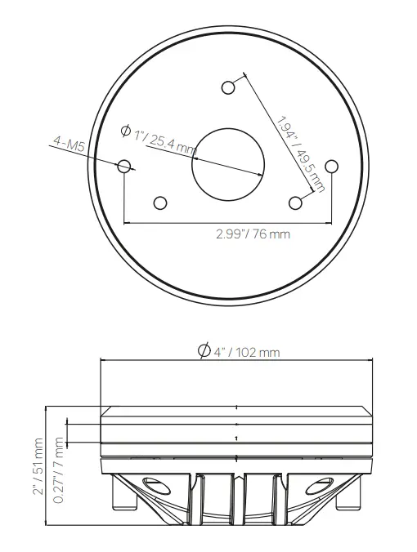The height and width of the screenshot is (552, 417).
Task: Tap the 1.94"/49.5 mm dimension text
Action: [300, 154]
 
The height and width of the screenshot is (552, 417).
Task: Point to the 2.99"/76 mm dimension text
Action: [253, 234]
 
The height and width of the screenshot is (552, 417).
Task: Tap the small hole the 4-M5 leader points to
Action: [124, 166]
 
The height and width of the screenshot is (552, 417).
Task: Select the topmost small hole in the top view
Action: [229, 87]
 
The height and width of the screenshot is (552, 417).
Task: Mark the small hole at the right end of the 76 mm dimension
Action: [331, 166]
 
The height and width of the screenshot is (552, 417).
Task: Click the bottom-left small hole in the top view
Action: [160, 203]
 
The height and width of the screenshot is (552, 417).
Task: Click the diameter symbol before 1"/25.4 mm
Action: [126, 131]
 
